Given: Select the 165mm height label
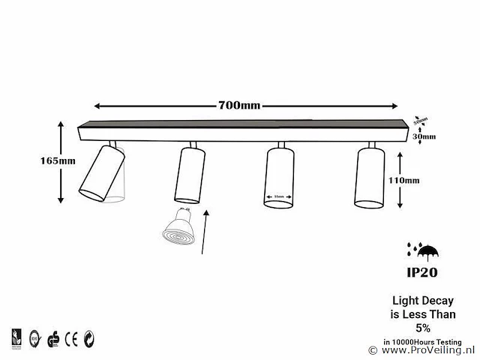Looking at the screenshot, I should [x=58, y=160].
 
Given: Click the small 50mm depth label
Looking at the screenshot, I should [x=423, y=120].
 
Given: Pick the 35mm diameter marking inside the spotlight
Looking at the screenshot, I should [x=279, y=197].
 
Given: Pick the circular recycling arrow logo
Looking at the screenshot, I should [x=89, y=335].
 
